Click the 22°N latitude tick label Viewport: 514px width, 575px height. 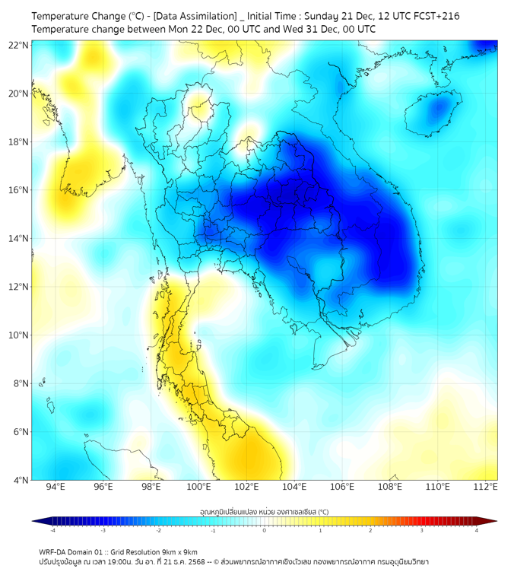(x=19, y=45)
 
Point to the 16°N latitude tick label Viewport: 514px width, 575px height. (x=19, y=190)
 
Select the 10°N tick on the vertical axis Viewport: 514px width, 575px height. (x=19, y=335)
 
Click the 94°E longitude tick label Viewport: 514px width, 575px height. (x=56, y=488)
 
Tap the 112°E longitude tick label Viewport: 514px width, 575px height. (x=485, y=488)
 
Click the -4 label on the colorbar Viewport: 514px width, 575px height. (x=52, y=530)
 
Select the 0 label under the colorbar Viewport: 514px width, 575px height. (x=265, y=530)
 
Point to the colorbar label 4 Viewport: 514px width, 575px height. (x=476, y=530)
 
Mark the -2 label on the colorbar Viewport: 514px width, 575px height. (x=158, y=530)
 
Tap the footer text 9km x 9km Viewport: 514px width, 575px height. (x=180, y=551)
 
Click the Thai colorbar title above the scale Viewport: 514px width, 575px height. (x=264, y=512)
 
